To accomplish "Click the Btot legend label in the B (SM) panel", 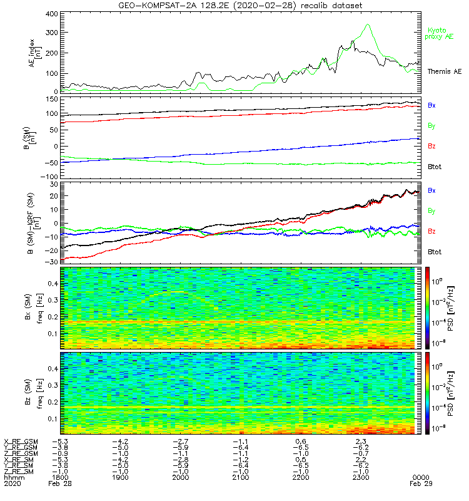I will coord(435,167).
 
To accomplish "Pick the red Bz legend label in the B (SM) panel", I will coord(431,147).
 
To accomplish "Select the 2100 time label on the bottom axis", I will coord(241,477).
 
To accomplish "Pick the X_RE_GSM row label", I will coord(21,442).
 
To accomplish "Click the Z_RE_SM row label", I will coord(19,471).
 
